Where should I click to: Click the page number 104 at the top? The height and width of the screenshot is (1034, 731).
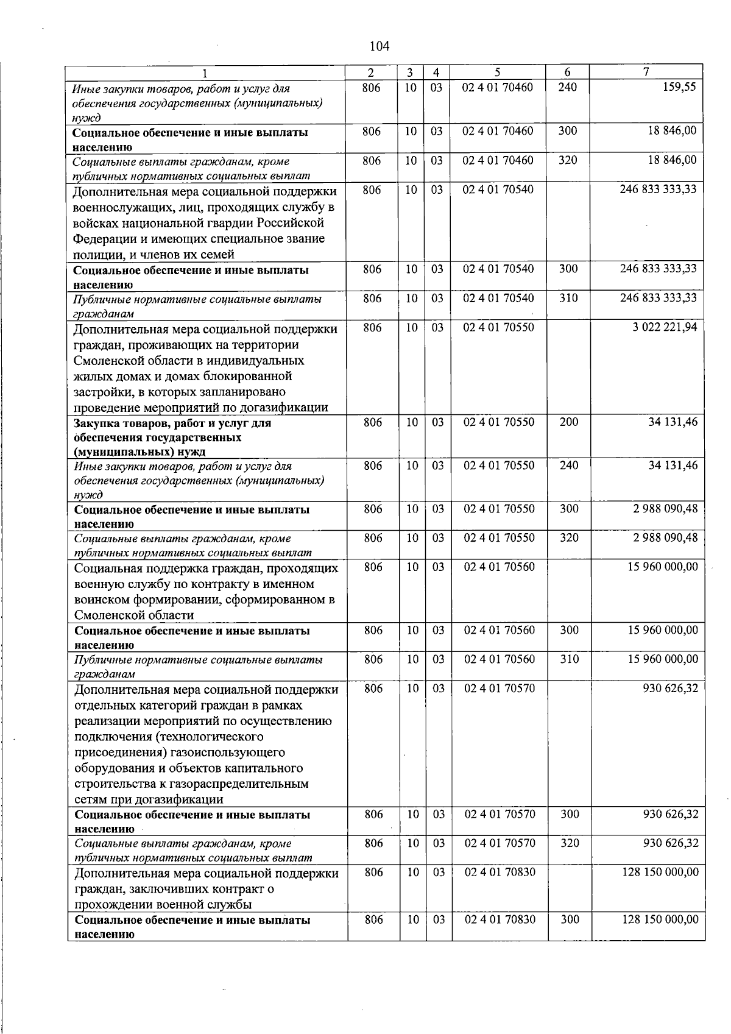coord(379,46)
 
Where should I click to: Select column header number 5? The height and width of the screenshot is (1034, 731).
coord(498,72)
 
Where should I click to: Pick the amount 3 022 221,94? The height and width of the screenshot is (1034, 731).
coord(665,327)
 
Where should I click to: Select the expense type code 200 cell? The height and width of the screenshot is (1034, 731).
coord(568,422)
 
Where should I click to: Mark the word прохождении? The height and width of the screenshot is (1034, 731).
coord(113,904)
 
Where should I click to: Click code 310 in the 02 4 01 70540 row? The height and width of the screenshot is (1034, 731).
coord(568,298)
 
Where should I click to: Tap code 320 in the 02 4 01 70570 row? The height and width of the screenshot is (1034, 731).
coord(569,843)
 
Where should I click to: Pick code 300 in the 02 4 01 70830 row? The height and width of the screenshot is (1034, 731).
coord(569,919)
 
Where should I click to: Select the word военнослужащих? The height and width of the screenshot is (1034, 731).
coord(122,207)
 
